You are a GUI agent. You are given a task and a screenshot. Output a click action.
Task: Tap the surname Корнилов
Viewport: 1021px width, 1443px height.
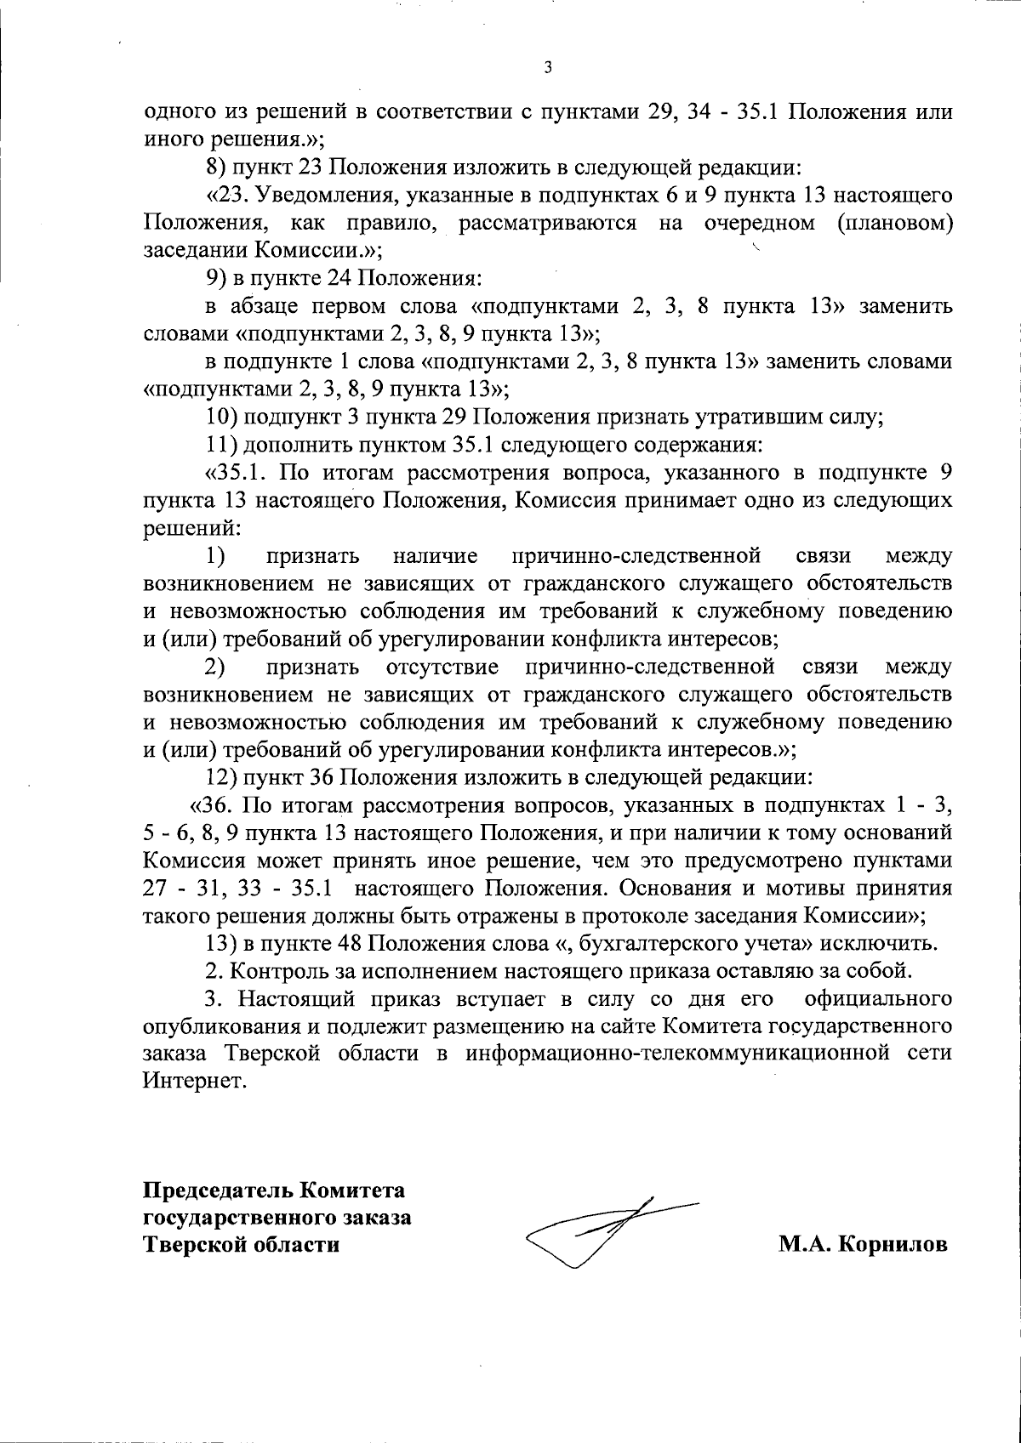(x=893, y=1244)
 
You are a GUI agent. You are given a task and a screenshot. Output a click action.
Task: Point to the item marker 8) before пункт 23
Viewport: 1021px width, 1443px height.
(x=218, y=168)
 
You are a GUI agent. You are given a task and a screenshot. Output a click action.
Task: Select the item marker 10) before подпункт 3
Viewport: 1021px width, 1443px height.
(x=224, y=417)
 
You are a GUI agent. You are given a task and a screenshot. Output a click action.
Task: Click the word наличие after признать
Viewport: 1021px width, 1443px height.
(x=435, y=556)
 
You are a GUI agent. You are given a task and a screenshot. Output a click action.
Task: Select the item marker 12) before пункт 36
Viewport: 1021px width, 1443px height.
(x=224, y=776)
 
